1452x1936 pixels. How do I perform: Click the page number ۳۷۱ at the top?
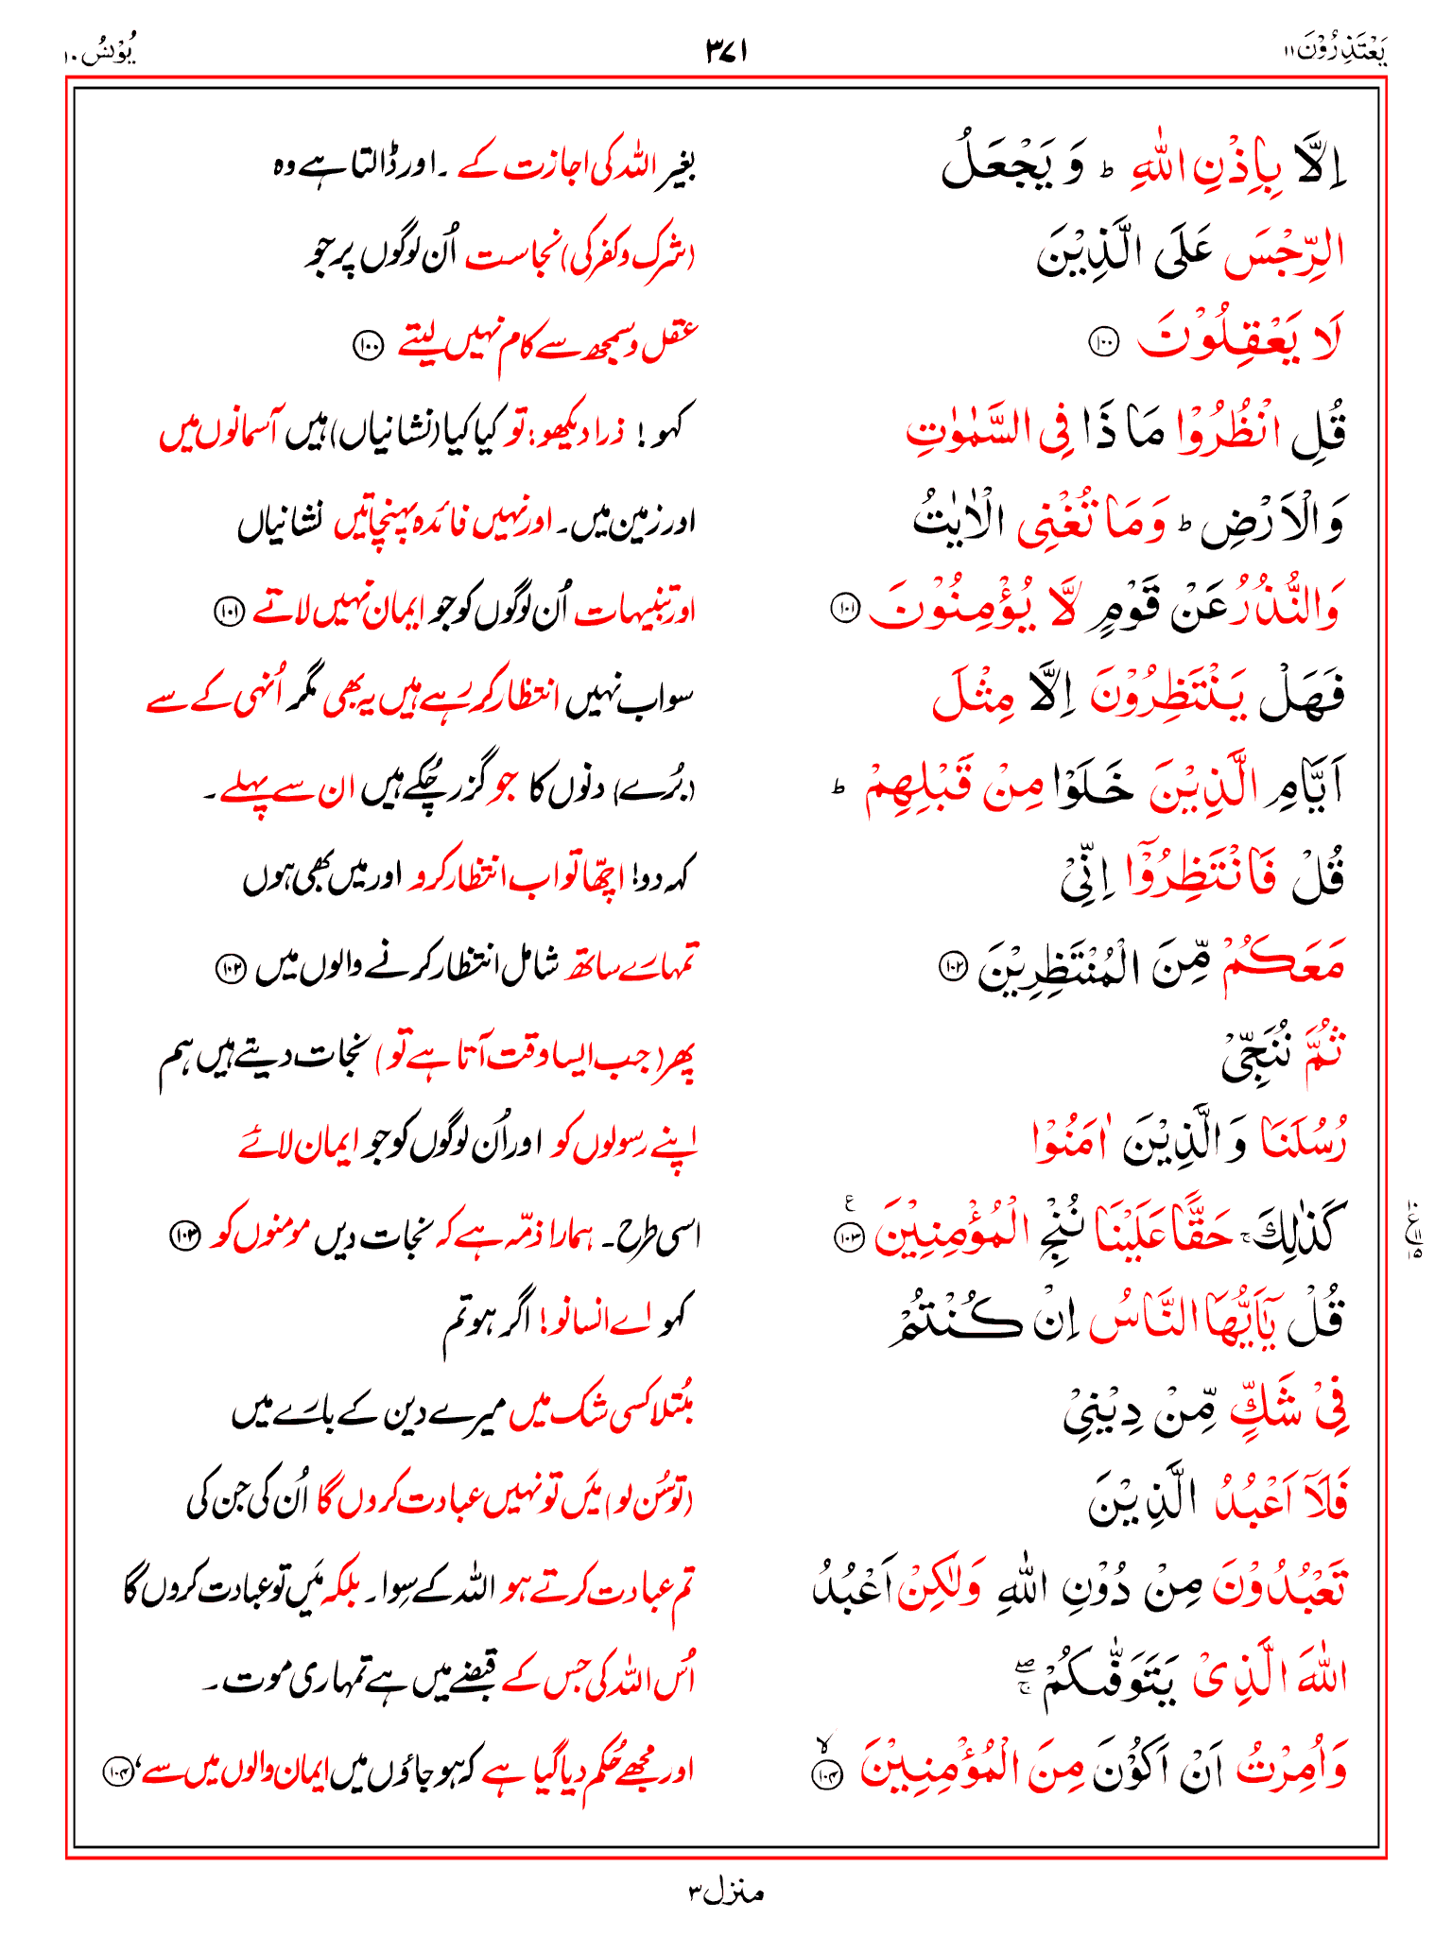726,51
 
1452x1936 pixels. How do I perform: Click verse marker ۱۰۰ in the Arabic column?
1103,342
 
